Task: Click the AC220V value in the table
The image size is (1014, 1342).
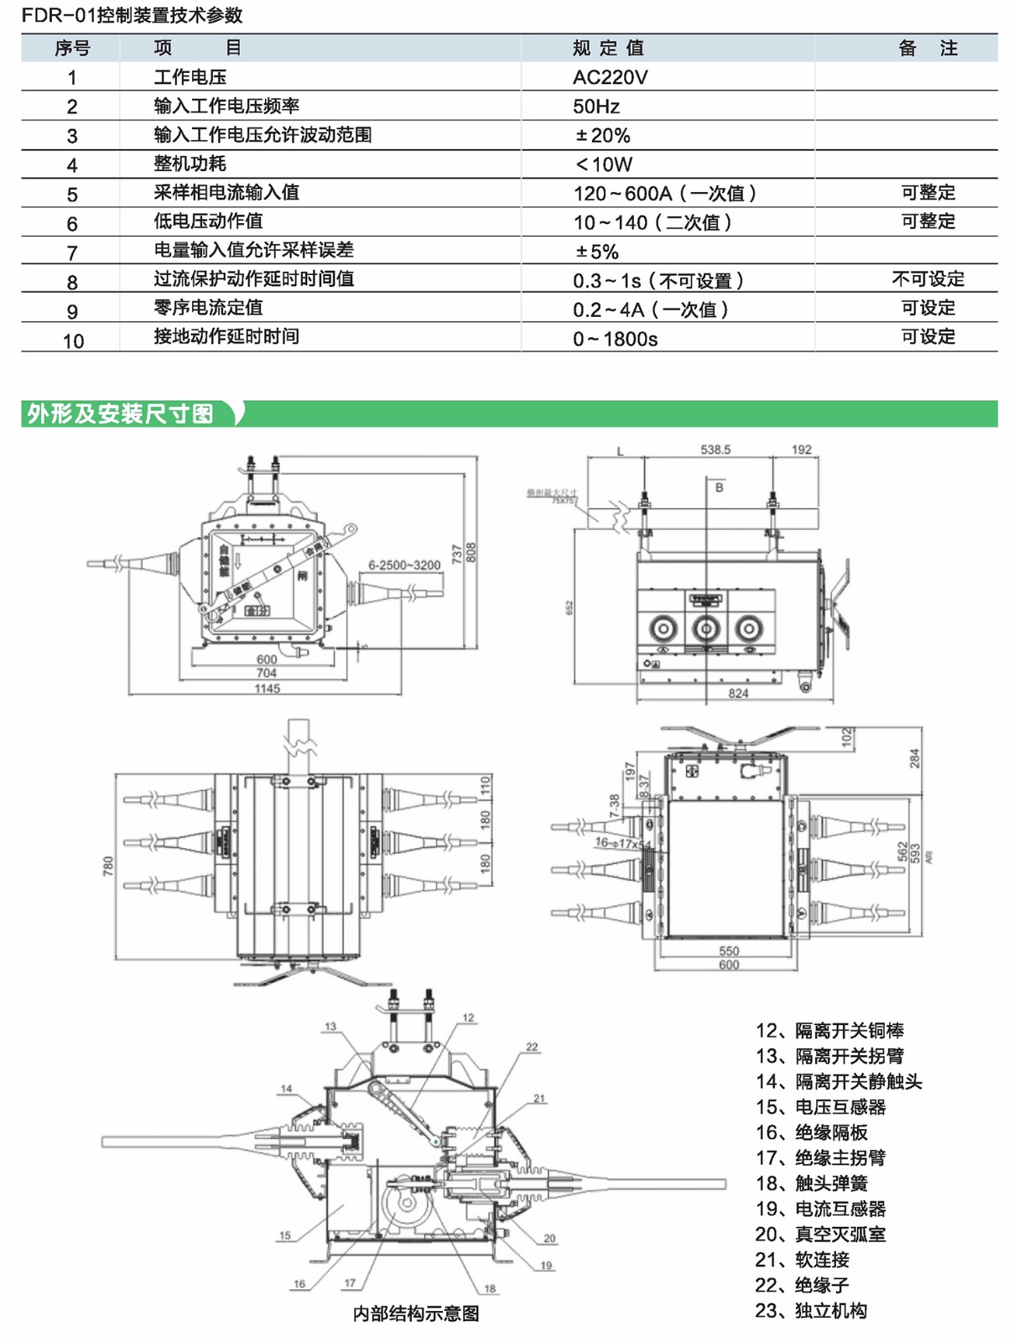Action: pos(610,77)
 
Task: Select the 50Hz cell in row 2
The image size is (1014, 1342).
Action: pos(596,107)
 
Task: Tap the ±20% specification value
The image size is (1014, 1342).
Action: pos(602,135)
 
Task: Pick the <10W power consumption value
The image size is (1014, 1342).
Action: pos(603,164)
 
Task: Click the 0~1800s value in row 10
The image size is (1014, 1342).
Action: pos(615,339)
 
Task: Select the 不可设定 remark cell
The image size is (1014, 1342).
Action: pos(928,279)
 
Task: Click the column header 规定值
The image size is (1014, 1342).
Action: pos(608,49)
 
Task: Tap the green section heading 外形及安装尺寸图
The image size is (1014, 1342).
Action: pos(121,414)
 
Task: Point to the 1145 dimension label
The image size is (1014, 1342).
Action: pos(267,689)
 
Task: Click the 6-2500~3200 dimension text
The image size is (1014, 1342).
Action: pos(404,565)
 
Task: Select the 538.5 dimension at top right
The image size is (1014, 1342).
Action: pos(715,450)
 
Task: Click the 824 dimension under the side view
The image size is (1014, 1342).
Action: pos(738,694)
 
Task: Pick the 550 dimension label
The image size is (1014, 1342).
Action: pos(729,951)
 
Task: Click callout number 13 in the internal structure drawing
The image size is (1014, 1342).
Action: pos(330,1027)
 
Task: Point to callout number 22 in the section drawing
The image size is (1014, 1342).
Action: pos(532,1047)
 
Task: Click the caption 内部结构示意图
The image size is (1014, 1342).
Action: pos(416,1313)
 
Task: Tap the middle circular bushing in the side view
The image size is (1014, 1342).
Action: pos(706,628)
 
